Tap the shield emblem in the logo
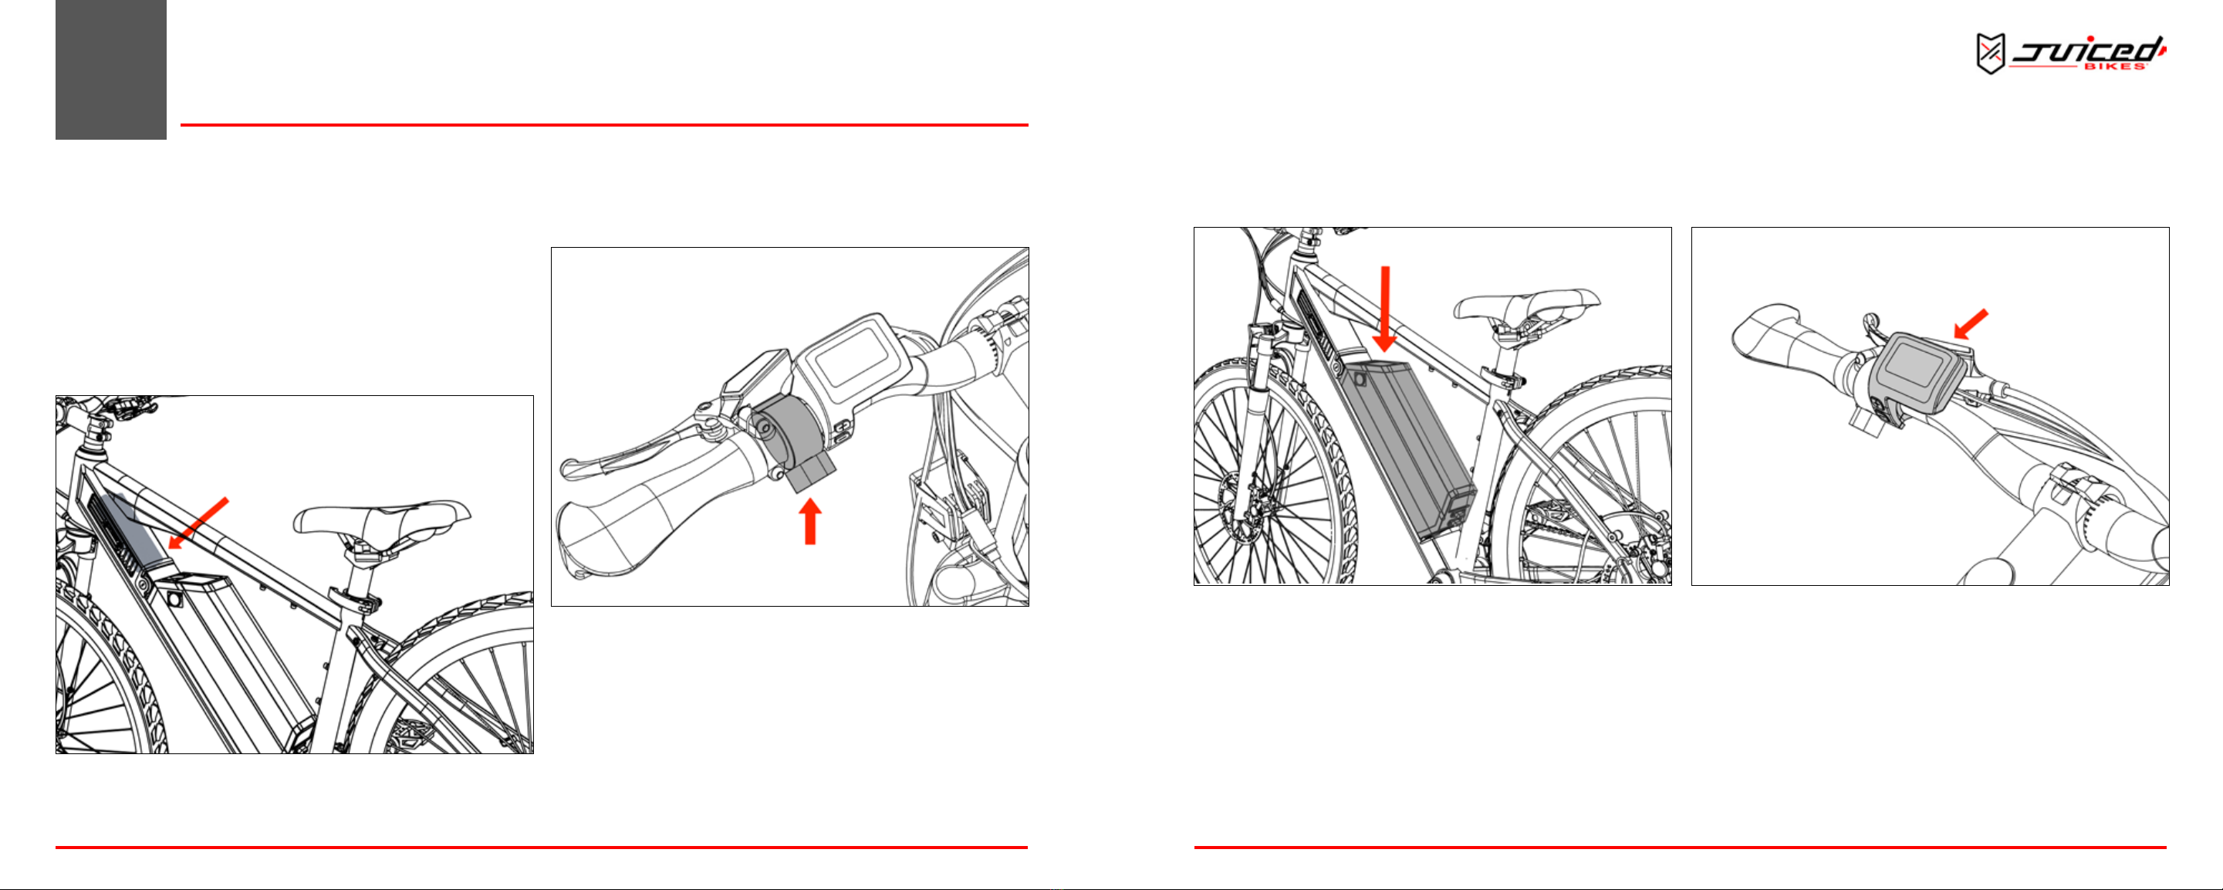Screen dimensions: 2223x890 [x=1990, y=54]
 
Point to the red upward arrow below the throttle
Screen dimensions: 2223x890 [x=809, y=523]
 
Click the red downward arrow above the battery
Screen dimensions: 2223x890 [x=1385, y=309]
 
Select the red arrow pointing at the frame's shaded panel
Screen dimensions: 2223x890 [x=198, y=523]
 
